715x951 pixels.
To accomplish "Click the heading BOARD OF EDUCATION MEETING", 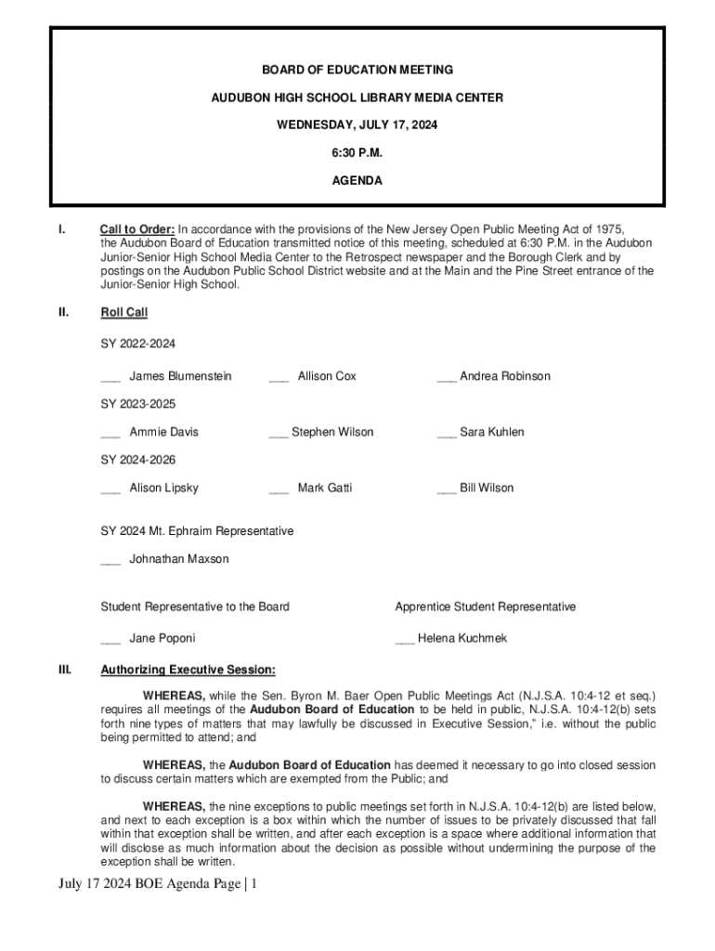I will tap(357, 70).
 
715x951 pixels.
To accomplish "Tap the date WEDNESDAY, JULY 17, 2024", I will tap(357, 125).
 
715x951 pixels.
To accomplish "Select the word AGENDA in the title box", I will tap(357, 181).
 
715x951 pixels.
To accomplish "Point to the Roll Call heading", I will tap(123, 313).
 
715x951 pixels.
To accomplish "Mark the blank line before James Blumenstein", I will tap(110, 378).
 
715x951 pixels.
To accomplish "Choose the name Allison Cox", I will tap(327, 376).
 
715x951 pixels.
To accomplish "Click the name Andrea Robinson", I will tap(504, 376).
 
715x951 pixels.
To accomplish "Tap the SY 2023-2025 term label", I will tap(137, 404).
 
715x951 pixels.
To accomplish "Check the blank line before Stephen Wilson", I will tap(278, 434).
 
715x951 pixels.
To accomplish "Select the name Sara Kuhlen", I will tap(491, 432).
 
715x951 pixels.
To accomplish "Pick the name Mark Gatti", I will tap(324, 488).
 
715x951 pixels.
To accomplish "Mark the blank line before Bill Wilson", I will tap(446, 489).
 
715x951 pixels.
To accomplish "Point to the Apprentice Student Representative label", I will tap(485, 606).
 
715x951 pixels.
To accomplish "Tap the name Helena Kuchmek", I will tap(462, 639).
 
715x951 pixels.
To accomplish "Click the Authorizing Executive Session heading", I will tap(188, 669).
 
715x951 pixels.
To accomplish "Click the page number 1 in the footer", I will tap(252, 884).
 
